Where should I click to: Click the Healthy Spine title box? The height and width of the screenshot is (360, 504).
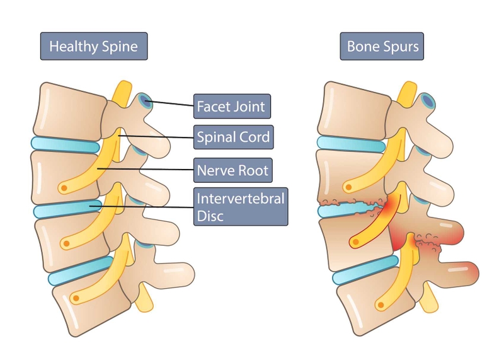click(x=93, y=46)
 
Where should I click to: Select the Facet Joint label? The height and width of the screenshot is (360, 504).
click(x=231, y=106)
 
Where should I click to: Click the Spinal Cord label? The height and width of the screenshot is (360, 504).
click(x=233, y=136)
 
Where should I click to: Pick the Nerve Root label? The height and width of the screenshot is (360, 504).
click(x=232, y=170)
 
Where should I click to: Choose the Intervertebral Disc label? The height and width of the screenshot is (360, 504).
click(x=241, y=207)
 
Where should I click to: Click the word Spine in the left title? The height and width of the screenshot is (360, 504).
click(x=120, y=46)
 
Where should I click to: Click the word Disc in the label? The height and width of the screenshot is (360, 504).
click(x=210, y=216)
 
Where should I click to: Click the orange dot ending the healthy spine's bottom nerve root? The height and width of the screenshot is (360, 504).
click(x=76, y=297)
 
